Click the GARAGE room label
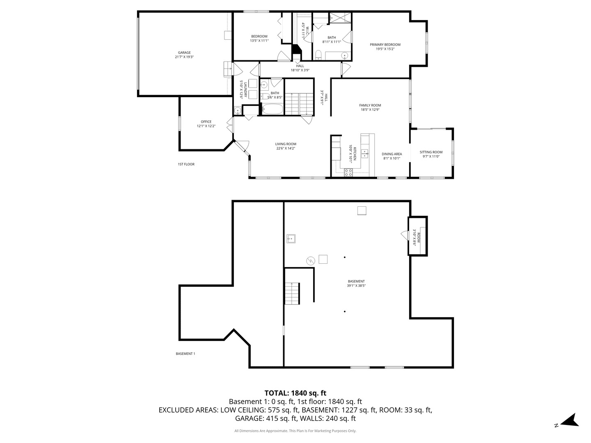tap(184, 53)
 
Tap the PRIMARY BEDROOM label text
tap(385, 45)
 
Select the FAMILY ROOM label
tap(370, 105)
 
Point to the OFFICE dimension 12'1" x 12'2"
tap(206, 126)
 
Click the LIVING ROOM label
tap(286, 144)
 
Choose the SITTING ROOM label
tap(431, 152)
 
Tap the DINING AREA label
tap(392, 154)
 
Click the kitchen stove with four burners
tap(348, 172)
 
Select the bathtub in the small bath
tap(272, 110)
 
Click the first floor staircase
tap(299, 104)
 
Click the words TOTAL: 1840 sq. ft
tap(295, 393)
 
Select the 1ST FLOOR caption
tap(186, 164)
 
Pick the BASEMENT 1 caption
tap(185, 354)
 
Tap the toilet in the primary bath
tap(318, 55)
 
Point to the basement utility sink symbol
tap(291, 238)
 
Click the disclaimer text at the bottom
tap(295, 431)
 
